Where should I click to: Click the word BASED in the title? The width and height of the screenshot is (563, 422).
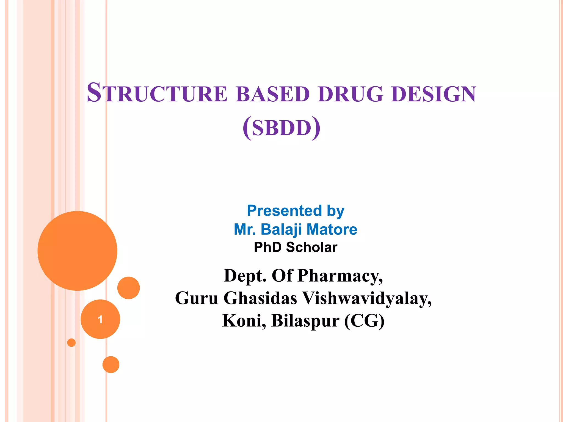(x=273, y=94)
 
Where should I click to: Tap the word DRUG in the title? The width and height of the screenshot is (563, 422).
(x=350, y=94)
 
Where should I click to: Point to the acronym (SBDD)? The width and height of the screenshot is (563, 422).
(x=281, y=128)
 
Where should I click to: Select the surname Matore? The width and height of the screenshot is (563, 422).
(x=332, y=229)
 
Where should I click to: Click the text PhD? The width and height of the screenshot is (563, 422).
(x=268, y=247)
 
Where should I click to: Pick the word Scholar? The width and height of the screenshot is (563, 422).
(x=311, y=247)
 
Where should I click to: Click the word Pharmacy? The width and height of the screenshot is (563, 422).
(x=340, y=276)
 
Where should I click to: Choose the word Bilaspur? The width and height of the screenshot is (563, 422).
(x=305, y=321)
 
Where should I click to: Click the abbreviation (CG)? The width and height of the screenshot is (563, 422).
(x=364, y=321)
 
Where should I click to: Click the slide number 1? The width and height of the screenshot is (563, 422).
(x=100, y=319)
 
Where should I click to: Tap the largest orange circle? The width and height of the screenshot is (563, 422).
(x=78, y=251)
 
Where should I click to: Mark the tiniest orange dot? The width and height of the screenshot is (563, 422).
(x=71, y=343)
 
